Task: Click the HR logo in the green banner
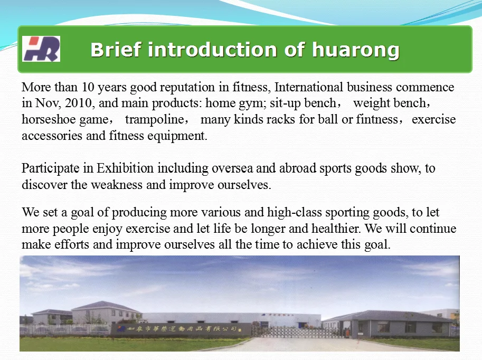click(x=41, y=49)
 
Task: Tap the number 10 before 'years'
click(x=88, y=87)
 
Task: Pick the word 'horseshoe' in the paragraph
click(x=49, y=119)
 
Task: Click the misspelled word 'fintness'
click(x=376, y=119)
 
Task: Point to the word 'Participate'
click(x=50, y=168)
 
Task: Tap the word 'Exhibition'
click(x=125, y=168)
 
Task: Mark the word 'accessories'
click(x=52, y=136)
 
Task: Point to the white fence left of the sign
click(x=65, y=329)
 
